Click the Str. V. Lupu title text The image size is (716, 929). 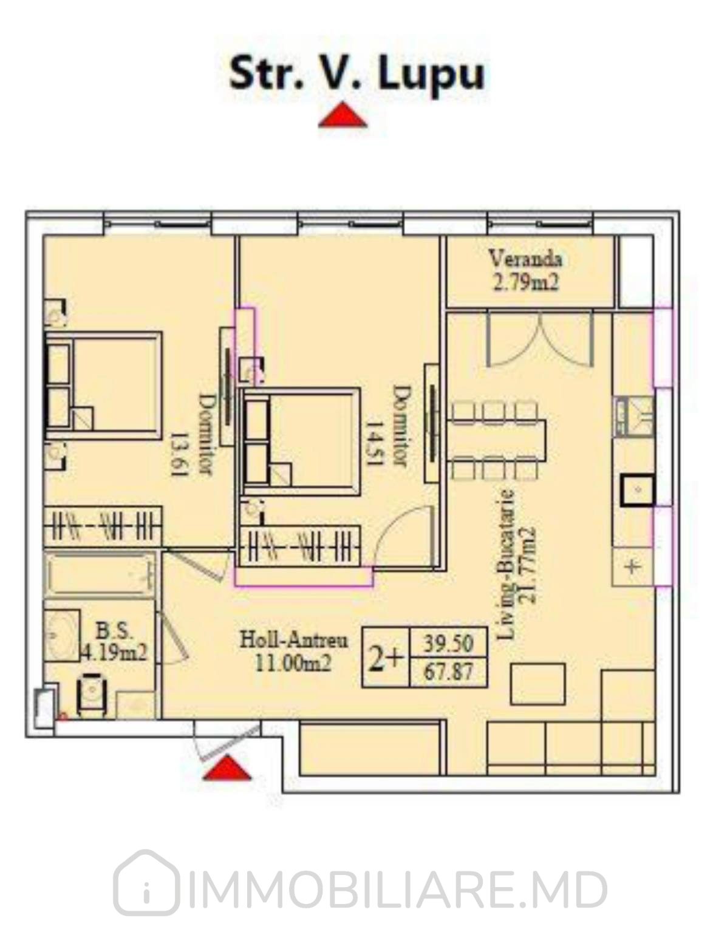pos(357,75)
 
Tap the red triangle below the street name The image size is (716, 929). pos(343,115)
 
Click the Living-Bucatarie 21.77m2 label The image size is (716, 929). pos(514,564)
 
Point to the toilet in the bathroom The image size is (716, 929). pos(92,696)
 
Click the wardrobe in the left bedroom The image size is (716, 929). pos(103,526)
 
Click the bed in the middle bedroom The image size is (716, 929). pos(300,442)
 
